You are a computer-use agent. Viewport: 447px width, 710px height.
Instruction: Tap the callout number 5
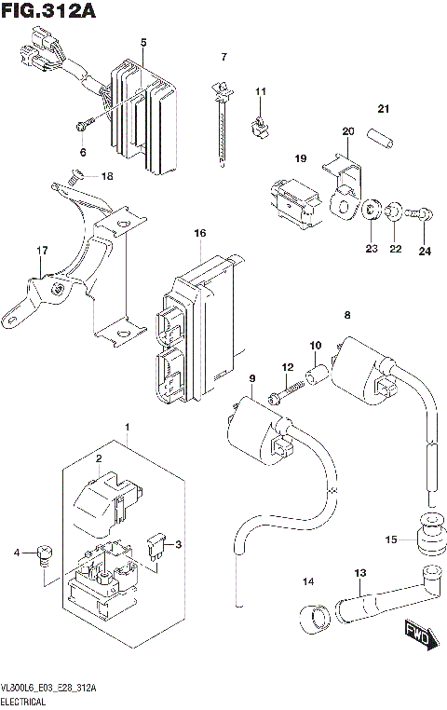point(143,43)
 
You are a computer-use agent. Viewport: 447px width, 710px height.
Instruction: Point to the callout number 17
point(41,251)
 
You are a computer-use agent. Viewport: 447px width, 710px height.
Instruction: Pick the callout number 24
point(425,250)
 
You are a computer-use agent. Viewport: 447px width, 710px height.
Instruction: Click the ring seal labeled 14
point(313,616)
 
